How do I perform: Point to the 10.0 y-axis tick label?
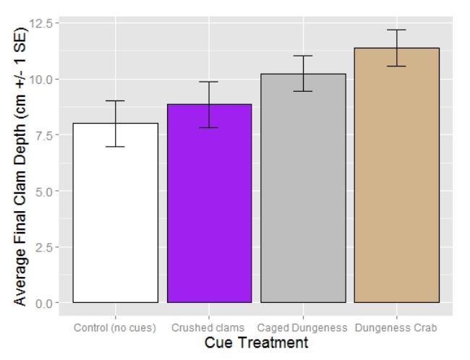click(x=43, y=79)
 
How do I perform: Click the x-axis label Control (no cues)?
click(x=115, y=327)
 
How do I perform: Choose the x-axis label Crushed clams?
click(x=208, y=327)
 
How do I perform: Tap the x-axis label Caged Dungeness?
click(x=303, y=327)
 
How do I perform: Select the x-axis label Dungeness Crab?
click(x=397, y=327)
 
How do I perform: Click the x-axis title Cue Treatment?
click(x=256, y=343)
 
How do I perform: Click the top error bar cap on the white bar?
click(x=115, y=101)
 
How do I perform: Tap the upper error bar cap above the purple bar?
click(x=209, y=82)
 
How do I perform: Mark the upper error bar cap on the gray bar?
click(x=303, y=56)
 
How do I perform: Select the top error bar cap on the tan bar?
click(x=397, y=30)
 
